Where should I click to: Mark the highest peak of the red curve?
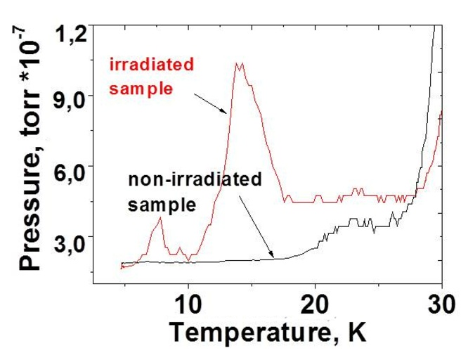tap(239, 63)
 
